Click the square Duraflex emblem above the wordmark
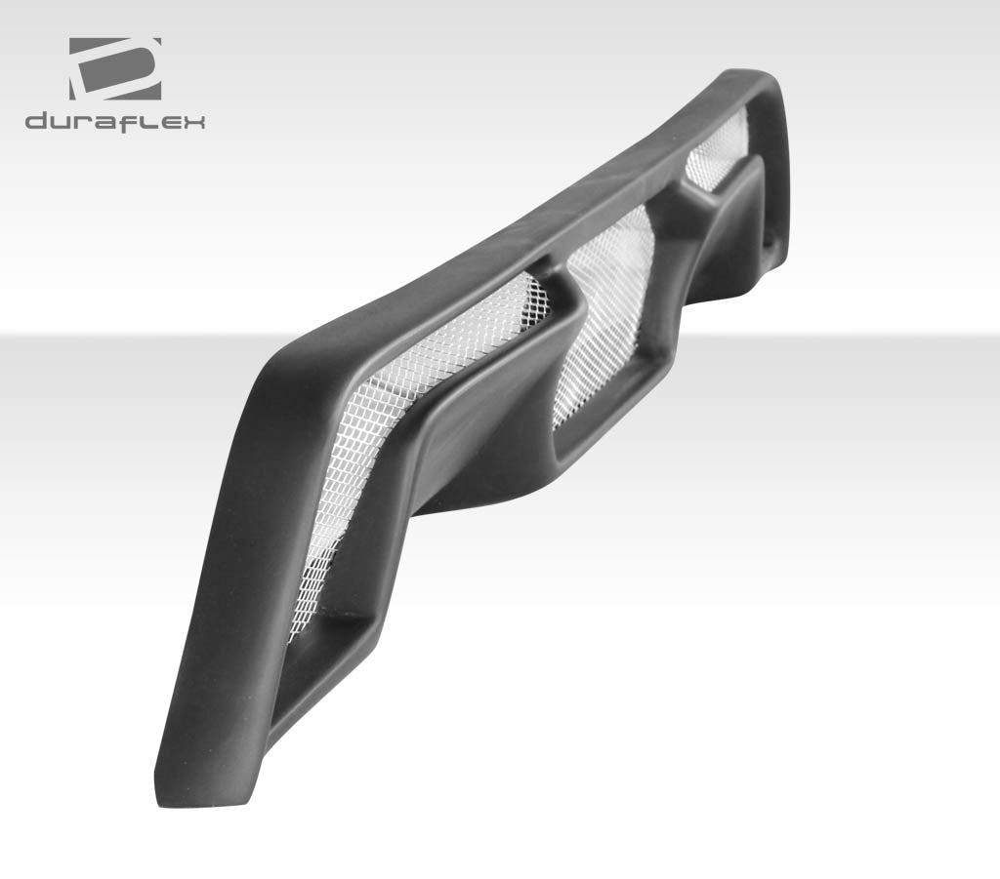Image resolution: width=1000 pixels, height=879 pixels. (114, 69)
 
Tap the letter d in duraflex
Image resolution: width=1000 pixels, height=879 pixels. (37, 122)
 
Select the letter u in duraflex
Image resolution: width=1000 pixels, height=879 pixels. (62, 123)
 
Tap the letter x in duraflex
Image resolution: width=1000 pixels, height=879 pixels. (192, 123)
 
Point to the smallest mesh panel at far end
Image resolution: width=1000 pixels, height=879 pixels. (718, 156)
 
